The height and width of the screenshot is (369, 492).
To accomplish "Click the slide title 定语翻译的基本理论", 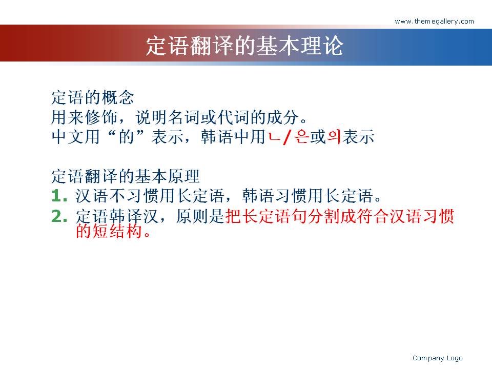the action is point(244,46).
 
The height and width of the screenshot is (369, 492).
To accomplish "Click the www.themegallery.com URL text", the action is point(434,22).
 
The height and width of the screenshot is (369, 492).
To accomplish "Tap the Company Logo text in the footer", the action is point(437,358).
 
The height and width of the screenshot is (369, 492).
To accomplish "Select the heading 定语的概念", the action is point(93,97).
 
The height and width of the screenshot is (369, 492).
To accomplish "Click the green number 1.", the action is point(59,196).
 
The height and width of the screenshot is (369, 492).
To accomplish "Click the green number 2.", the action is point(59,216).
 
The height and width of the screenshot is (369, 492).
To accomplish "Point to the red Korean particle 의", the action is point(334,137).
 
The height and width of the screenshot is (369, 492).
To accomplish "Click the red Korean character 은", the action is point(301,137).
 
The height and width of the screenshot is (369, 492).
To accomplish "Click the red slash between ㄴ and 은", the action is point(287,137).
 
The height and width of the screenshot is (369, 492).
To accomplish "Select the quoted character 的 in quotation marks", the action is point(127,137).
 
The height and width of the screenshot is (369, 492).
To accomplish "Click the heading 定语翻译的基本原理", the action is point(126,176).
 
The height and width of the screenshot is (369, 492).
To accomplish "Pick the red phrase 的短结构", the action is point(113,232).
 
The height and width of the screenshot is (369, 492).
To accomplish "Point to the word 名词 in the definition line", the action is point(184,117).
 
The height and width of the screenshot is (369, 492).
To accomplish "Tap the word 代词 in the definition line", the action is point(233,117).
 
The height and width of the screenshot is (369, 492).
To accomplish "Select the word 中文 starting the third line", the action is point(68,137).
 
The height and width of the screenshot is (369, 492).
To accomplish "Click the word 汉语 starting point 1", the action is point(92,196).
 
